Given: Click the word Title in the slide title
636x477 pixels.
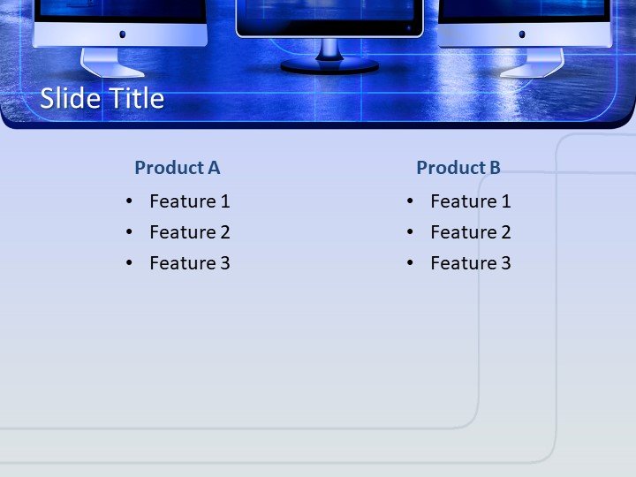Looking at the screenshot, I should click(135, 98).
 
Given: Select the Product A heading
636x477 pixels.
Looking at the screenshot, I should click(177, 168).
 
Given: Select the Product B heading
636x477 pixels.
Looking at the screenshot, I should click(458, 168).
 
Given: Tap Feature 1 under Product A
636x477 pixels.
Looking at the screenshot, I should click(189, 201).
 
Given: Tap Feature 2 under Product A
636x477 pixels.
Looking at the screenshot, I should click(189, 232).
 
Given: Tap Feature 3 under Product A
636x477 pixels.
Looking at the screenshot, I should click(189, 263).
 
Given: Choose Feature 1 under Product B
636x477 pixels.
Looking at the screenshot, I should click(470, 201).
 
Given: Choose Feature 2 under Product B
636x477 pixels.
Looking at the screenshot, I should click(470, 232).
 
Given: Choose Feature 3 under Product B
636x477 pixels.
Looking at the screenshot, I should click(470, 263).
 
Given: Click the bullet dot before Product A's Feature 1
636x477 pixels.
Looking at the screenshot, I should click(130, 201).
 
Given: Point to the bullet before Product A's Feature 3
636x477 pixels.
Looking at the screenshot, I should click(130, 263).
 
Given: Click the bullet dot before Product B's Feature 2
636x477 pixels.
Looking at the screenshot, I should click(411, 232).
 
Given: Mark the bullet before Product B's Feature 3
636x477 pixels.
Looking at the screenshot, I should click(411, 263).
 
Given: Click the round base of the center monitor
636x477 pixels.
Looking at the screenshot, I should click(329, 66).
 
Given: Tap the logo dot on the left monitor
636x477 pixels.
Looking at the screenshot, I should click(122, 34).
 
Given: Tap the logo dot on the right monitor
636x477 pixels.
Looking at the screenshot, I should click(521, 34).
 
